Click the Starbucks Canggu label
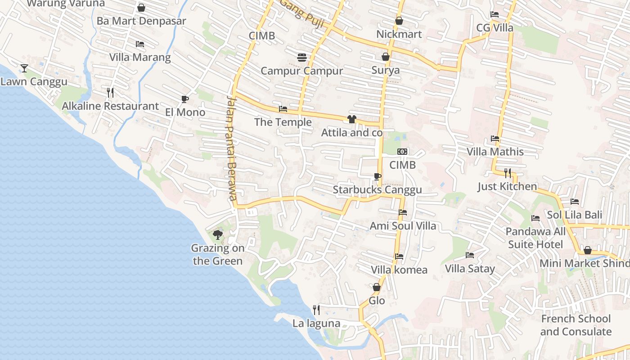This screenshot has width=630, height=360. (x=377, y=189)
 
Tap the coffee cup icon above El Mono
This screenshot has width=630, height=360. (x=184, y=99)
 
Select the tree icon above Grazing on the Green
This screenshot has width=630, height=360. (x=218, y=234)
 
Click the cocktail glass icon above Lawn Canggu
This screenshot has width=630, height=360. (x=24, y=68)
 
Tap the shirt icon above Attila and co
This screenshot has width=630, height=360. (x=351, y=119)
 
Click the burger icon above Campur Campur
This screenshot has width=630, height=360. (x=301, y=58)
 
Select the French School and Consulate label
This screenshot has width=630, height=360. (x=576, y=325)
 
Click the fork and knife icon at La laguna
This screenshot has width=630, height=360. (x=316, y=310)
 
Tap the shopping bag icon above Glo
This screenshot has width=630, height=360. (x=377, y=287)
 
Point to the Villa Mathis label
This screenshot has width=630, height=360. (x=495, y=152)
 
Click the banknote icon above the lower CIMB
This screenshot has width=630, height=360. (x=402, y=152)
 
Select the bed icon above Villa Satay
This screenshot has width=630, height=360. (x=470, y=255)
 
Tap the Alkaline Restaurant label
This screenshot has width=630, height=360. (x=110, y=106)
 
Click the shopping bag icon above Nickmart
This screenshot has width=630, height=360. (x=399, y=21)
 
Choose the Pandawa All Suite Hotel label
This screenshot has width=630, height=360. (x=535, y=238)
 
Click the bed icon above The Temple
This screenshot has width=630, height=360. (x=283, y=109)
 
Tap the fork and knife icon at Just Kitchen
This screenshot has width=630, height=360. (x=508, y=173)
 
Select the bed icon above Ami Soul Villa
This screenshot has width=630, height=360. (x=403, y=212)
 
